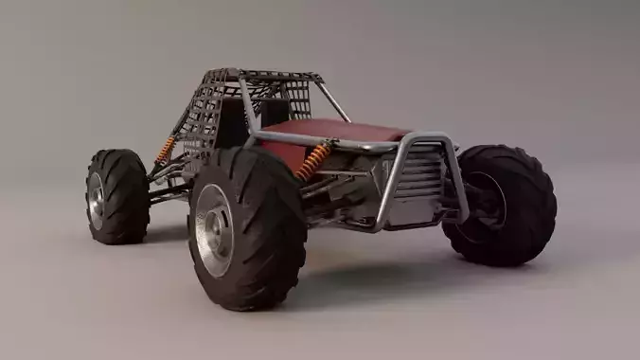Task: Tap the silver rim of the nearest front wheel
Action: pos(215,229)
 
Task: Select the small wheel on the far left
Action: pos(116,195)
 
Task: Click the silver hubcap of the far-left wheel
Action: pos(97,200)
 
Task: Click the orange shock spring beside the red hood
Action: pos(313,160)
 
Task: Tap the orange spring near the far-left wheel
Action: pos(166,149)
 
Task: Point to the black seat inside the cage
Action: pos(275,112)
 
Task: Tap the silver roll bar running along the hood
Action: pos(322,141)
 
